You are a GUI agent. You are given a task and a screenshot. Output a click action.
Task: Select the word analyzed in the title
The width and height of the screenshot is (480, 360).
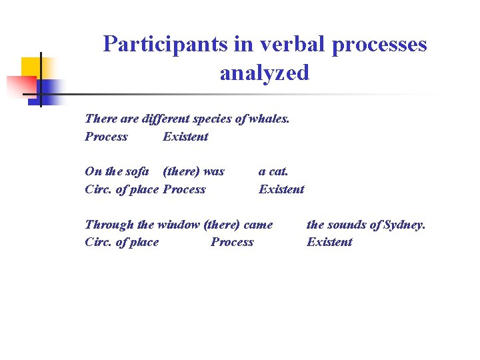(265, 72)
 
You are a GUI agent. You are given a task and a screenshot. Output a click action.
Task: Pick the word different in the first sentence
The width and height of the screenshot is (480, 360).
(164, 119)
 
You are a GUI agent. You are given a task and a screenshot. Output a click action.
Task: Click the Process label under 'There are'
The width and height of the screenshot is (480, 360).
(106, 137)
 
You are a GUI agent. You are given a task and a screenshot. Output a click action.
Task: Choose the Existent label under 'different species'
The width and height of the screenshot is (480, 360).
(185, 137)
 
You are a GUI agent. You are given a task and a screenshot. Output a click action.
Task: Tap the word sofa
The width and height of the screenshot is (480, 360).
(136, 171)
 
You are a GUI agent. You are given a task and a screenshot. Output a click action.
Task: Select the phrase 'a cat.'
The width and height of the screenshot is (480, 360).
(273, 171)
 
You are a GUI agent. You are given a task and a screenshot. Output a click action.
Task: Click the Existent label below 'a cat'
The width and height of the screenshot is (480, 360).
(281, 189)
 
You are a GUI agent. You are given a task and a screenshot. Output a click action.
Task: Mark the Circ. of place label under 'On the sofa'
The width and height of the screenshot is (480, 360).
(122, 189)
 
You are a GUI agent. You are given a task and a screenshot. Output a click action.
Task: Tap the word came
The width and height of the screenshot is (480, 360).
(258, 225)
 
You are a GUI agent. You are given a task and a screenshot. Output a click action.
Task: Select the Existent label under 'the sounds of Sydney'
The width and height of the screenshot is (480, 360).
(329, 242)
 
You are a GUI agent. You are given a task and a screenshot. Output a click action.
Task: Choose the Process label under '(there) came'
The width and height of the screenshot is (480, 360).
(232, 242)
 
